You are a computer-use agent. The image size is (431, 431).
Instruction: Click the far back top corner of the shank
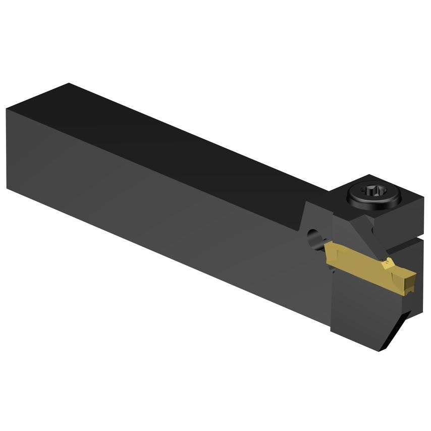click(68, 84)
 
